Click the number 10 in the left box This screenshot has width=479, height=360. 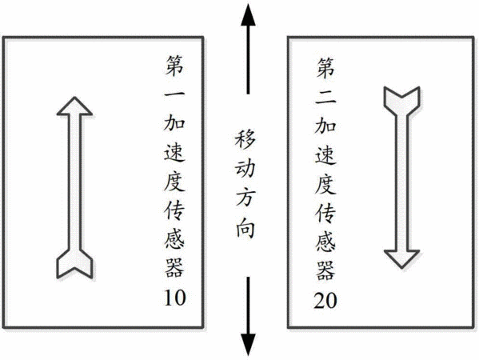click(175, 298)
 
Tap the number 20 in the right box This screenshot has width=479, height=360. click(325, 301)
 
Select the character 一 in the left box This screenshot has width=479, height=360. click(174, 94)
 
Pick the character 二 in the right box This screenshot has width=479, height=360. click(325, 97)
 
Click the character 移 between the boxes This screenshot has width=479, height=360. click(245, 139)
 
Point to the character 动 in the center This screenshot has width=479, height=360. click(245, 169)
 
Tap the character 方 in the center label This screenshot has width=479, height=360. click(245, 198)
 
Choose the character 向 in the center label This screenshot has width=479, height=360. click(245, 228)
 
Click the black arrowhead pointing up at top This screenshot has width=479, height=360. click(248, 18)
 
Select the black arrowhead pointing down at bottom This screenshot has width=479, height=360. click(248, 346)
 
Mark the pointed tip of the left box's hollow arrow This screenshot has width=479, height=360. click(74, 98)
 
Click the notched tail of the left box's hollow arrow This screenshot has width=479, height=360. click(74, 268)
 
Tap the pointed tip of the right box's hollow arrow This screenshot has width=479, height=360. click(401, 268)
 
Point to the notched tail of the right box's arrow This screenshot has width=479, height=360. click(401, 97)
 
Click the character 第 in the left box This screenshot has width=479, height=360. click(174, 65)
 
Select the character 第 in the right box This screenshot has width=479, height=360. click(325, 68)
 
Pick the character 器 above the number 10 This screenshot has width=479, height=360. click(174, 268)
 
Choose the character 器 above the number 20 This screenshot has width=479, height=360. click(325, 270)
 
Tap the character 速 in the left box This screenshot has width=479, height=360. click(174, 152)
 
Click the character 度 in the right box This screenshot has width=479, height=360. click(325, 184)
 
